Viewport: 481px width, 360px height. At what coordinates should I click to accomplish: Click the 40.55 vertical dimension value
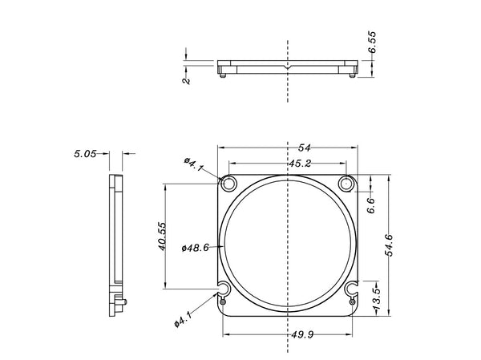point(161,237)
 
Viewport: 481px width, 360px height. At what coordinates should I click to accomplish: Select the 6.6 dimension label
point(370,205)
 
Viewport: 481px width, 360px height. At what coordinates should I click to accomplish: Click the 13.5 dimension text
point(376,297)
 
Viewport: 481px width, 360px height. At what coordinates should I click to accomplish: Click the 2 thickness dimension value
point(187,80)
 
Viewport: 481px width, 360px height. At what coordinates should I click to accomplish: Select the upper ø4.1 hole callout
point(194,164)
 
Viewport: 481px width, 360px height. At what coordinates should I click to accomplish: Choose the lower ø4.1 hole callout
point(184,321)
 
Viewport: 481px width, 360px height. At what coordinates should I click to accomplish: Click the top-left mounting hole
point(228,184)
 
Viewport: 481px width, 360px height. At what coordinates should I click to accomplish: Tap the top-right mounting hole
point(346,184)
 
